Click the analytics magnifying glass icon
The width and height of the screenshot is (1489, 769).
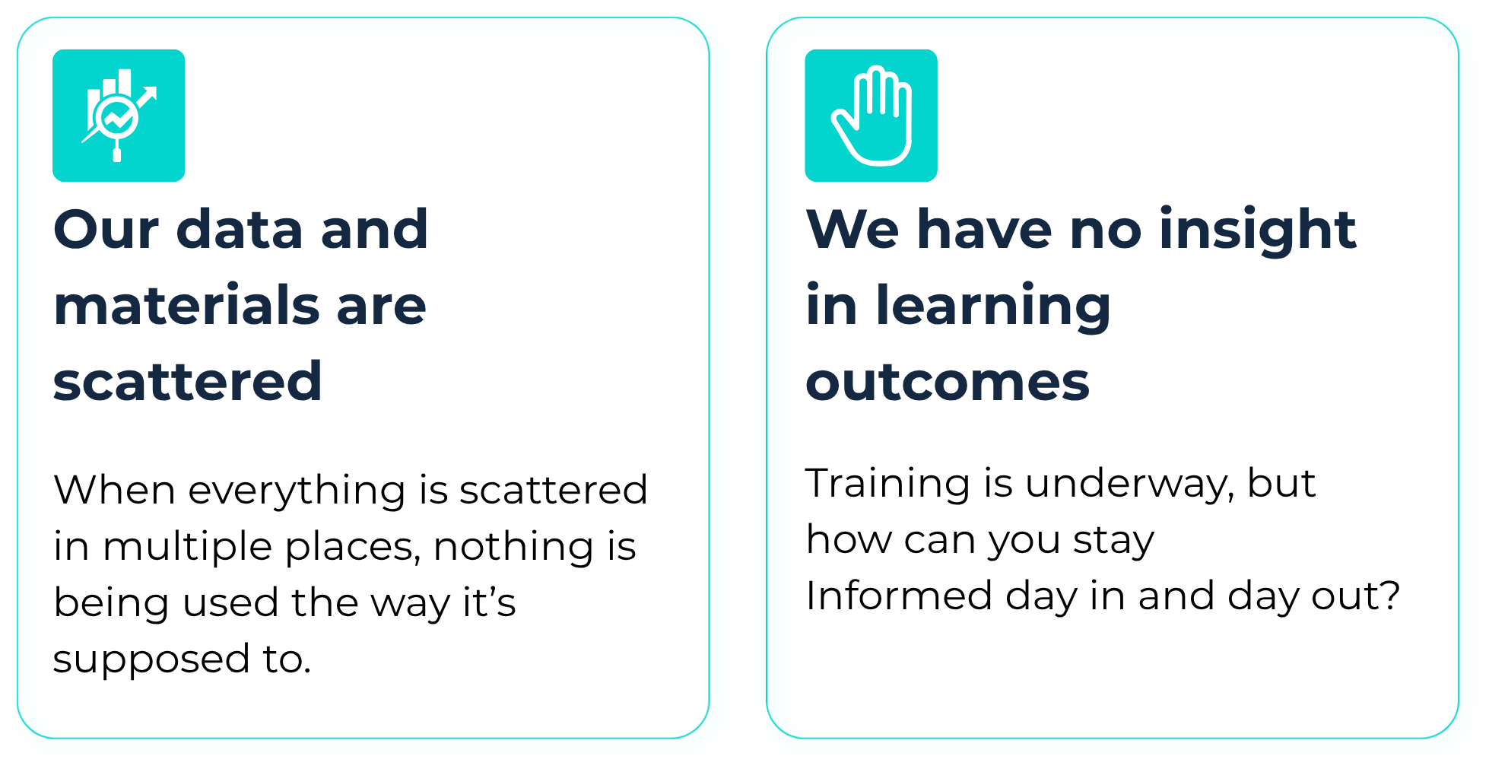(x=119, y=116)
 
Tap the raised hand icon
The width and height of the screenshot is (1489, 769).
(x=871, y=116)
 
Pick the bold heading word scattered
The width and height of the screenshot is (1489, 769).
(x=188, y=381)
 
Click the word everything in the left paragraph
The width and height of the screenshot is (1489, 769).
(x=297, y=491)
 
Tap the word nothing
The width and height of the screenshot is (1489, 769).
(x=515, y=546)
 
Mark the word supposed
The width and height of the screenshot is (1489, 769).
(x=151, y=659)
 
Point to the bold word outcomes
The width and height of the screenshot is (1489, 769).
(x=948, y=381)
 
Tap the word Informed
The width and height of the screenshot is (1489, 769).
(x=899, y=595)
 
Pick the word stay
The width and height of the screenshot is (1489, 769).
(x=1113, y=541)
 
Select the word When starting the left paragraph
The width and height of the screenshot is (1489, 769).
(x=115, y=489)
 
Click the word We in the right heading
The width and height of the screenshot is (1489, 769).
(x=853, y=229)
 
